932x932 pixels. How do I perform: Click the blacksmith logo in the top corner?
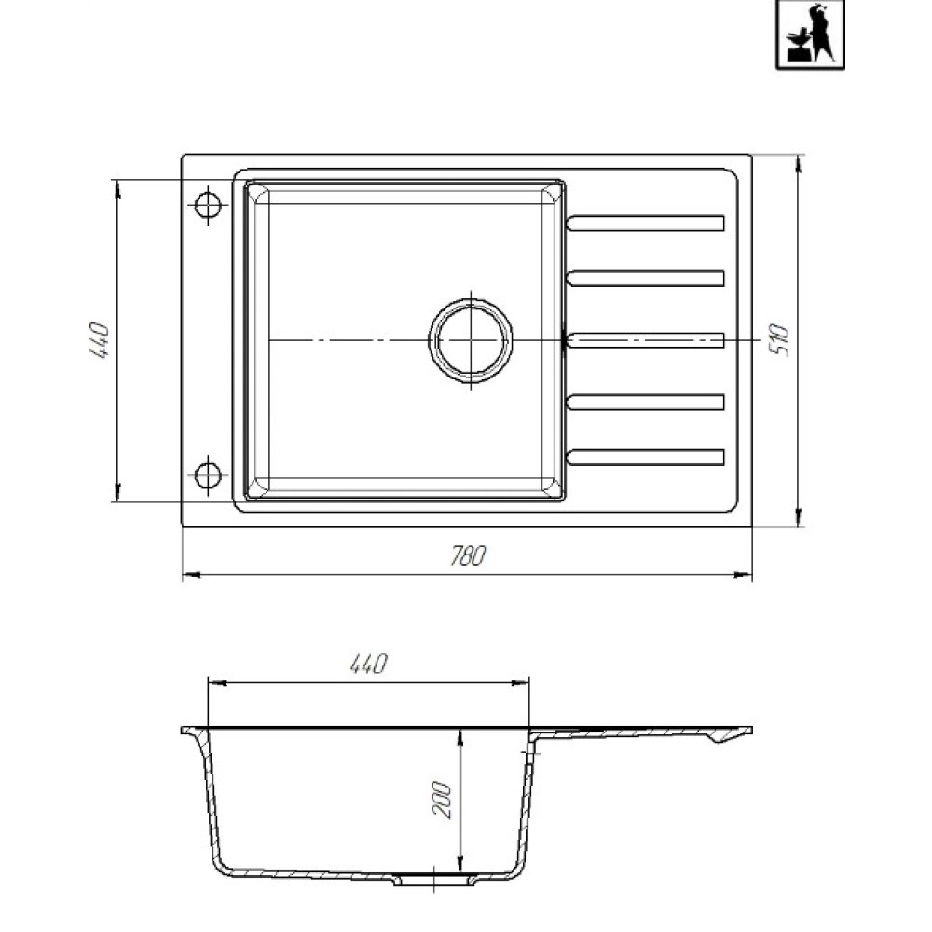[x=810, y=34]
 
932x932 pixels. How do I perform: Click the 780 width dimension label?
[x=469, y=555]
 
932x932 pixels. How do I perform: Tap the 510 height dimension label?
[x=779, y=340]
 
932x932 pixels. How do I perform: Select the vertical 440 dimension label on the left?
[x=100, y=340]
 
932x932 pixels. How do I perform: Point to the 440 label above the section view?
[x=368, y=664]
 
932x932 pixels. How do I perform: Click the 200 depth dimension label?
[x=442, y=800]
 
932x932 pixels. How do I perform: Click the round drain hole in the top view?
[x=471, y=340]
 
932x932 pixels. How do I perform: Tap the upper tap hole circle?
[x=208, y=206]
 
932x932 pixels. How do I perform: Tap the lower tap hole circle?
[x=208, y=475]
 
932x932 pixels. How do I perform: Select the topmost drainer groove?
[x=646, y=224]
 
